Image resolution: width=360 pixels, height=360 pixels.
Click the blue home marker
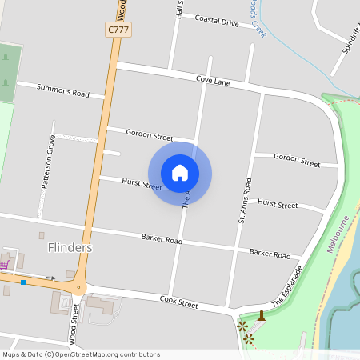click(180, 172)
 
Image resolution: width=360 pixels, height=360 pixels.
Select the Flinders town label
click(70, 247)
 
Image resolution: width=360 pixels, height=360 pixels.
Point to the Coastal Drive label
click(217, 21)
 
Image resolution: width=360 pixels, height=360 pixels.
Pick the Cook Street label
click(178, 302)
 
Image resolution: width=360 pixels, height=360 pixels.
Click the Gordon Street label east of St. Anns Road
click(297, 159)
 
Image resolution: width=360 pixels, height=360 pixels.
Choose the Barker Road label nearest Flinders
click(162, 238)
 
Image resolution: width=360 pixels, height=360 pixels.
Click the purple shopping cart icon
click(6, 263)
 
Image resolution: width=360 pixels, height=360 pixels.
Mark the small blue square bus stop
click(24, 282)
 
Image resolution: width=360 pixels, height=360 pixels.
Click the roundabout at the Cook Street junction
click(78, 287)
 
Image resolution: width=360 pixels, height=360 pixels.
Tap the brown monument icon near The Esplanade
click(262, 315)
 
